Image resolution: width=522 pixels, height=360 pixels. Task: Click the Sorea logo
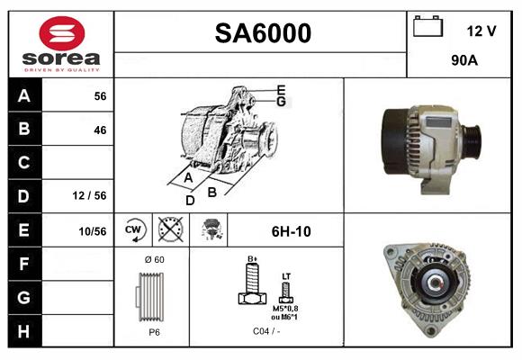point(60,44)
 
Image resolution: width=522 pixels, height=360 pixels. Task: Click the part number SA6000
point(262,33)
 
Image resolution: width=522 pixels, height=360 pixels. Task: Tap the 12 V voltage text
point(481,31)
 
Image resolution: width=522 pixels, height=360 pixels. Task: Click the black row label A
point(23,96)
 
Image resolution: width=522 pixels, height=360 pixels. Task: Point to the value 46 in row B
point(100,130)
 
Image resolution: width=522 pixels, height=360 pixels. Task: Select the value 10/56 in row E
point(92,231)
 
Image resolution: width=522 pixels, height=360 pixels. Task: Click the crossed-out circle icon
point(169,230)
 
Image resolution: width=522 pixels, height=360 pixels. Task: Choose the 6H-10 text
point(291,231)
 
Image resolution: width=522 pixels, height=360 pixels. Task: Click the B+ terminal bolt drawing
point(252,288)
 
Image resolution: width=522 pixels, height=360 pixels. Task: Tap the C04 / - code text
point(266,332)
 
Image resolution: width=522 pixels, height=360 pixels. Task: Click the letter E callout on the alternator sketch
point(281,89)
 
